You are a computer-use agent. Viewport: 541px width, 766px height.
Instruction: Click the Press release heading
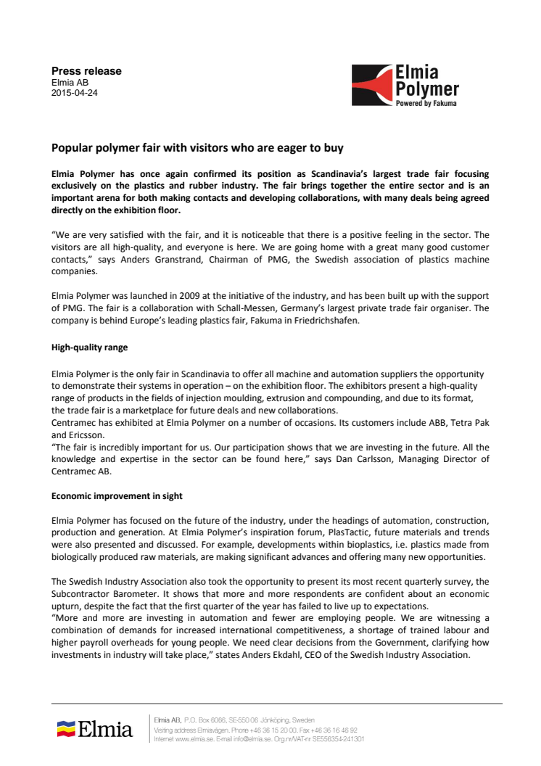pyautogui.click(x=86, y=71)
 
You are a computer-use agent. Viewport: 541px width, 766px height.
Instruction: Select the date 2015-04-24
pyautogui.click(x=74, y=94)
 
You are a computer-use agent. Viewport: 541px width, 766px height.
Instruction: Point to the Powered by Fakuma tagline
pyautogui.click(x=426, y=104)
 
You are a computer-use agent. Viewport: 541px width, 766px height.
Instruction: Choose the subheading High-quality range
pyautogui.click(x=89, y=347)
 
